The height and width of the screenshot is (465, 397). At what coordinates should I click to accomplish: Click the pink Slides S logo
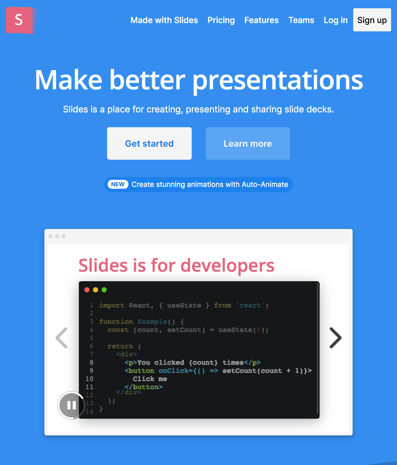[19, 20]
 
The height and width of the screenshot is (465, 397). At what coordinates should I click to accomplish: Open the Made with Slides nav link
[164, 20]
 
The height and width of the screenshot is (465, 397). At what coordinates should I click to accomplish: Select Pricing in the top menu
[221, 20]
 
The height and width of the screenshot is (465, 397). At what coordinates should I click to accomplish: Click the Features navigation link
[262, 20]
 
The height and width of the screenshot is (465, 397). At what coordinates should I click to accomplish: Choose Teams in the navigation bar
[301, 20]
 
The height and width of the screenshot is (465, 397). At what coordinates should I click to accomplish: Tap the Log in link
[335, 20]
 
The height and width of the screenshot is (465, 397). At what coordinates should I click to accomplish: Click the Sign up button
[372, 20]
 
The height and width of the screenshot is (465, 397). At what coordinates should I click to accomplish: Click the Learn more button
[248, 143]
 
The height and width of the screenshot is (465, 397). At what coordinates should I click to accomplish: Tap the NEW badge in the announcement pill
[118, 184]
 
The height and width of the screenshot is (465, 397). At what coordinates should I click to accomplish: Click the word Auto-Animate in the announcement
[265, 184]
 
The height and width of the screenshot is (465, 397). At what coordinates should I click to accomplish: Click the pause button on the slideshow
[71, 405]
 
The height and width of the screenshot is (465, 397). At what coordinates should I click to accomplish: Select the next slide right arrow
[335, 338]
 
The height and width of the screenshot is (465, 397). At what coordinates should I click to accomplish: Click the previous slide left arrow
[62, 338]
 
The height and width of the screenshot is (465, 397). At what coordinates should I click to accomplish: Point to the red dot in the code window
[87, 290]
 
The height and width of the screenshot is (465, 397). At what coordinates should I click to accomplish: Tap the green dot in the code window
[104, 290]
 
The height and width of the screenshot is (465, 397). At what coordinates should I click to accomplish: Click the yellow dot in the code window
[96, 290]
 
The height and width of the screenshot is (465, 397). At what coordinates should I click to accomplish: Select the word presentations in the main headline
[278, 80]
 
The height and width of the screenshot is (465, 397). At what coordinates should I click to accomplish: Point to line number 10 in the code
[89, 379]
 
